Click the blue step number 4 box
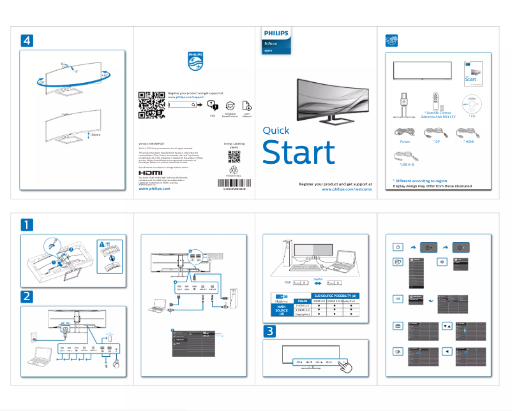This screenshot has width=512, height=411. pyautogui.click(x=26, y=40)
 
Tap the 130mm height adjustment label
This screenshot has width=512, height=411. pyautogui.click(x=95, y=134)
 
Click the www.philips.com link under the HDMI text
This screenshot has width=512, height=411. pyautogui.click(x=154, y=189)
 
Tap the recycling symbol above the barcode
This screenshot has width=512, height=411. pyautogui.click(x=233, y=170)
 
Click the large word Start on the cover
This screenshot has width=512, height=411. pyautogui.click(x=298, y=153)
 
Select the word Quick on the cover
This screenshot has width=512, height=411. pyautogui.click(x=276, y=131)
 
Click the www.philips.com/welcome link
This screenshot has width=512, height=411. pyautogui.click(x=347, y=189)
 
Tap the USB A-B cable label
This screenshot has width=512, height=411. pyautogui.click(x=403, y=164)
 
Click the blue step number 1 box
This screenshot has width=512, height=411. pyautogui.click(x=26, y=224)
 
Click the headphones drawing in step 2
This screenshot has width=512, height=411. pyautogui.click(x=116, y=365)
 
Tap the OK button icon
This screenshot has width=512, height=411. pyautogui.click(x=398, y=351)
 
